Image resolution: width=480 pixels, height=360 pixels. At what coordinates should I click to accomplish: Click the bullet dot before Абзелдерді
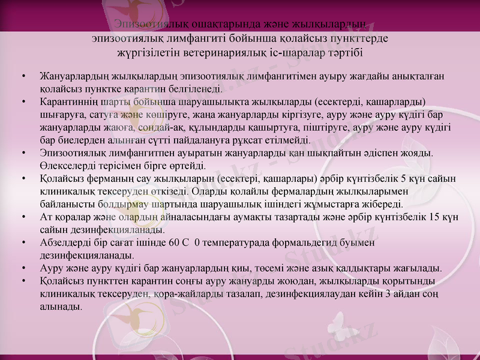pos(22,242)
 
